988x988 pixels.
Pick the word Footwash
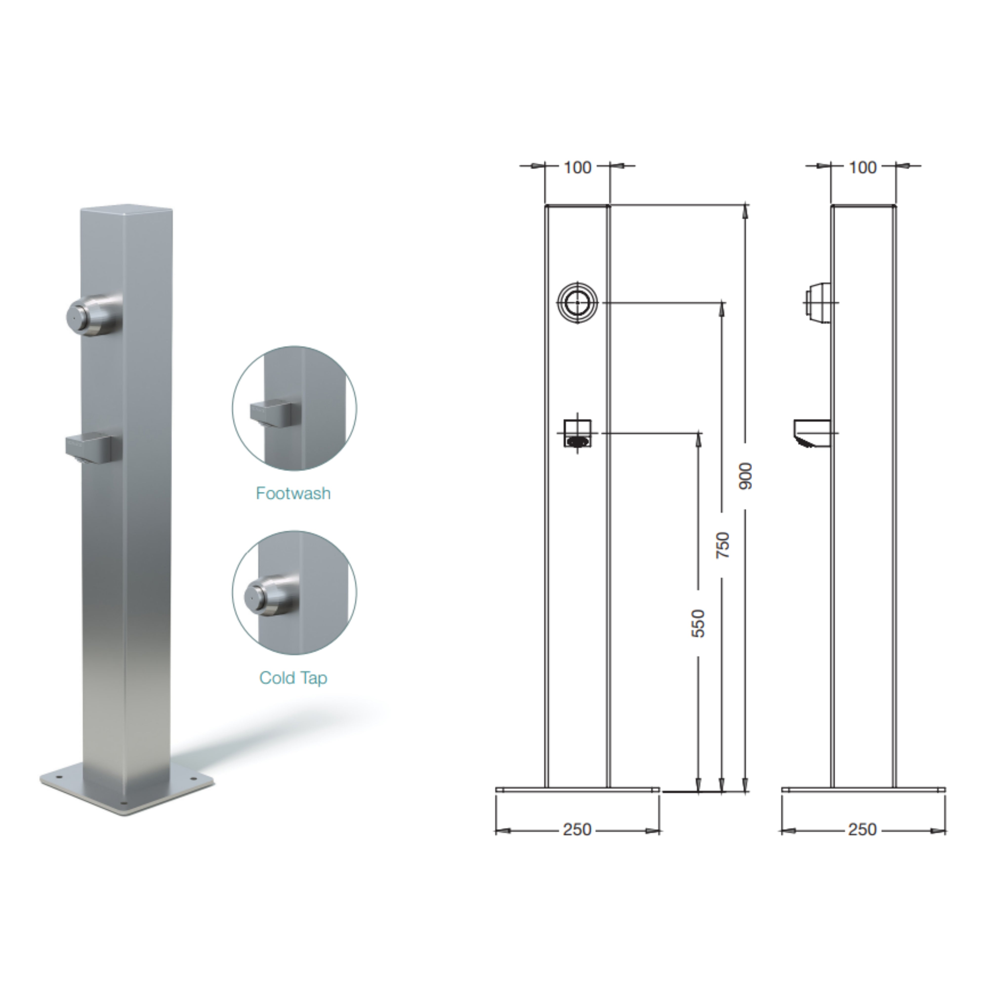[293, 494]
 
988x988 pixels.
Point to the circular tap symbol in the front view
[577, 303]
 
